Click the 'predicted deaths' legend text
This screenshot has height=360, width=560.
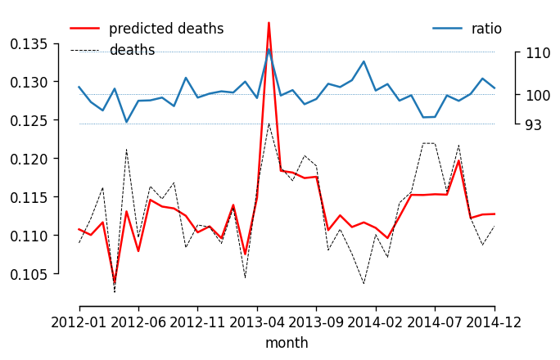(166, 29)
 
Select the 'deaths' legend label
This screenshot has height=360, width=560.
(132, 51)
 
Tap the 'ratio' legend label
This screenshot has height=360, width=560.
(486, 29)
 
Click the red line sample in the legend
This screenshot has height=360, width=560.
(84, 29)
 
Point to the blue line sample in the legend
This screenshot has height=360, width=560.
(447, 29)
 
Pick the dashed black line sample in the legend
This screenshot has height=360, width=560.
(84, 51)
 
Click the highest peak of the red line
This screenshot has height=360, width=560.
(269, 23)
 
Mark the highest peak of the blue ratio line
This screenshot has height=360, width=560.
(269, 50)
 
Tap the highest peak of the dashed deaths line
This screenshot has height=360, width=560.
(269, 124)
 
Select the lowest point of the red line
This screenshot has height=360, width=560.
(115, 283)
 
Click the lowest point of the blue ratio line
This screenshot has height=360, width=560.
(126, 122)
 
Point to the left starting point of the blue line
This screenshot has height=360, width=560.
(79, 87)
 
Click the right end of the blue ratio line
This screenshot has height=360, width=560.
(495, 88)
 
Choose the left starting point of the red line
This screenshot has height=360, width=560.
(79, 229)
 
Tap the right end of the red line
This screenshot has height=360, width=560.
(495, 214)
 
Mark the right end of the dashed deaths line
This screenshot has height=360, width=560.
(495, 226)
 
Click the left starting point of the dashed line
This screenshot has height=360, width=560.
(79, 243)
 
